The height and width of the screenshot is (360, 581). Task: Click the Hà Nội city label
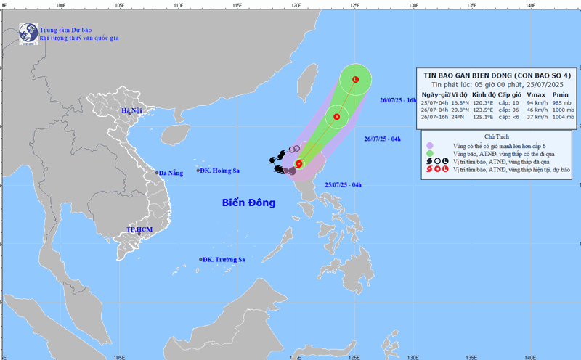(132, 110)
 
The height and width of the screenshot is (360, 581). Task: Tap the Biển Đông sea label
(248, 203)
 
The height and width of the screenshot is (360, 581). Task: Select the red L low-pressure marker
(355, 79)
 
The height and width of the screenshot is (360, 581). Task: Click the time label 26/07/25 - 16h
(398, 100)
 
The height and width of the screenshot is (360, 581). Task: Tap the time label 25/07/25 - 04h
(343, 186)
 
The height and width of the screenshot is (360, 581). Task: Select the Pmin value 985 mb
(560, 103)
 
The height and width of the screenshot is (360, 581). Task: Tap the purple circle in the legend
(430, 146)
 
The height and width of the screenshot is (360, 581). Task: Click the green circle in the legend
(430, 153)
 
